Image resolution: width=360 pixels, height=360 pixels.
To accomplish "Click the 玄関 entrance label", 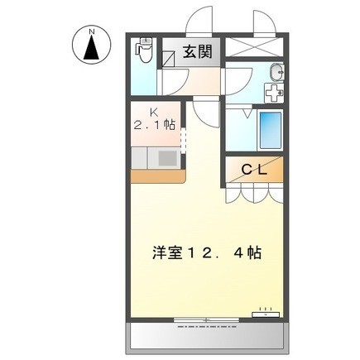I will point(198,51).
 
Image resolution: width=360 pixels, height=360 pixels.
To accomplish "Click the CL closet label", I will point(252,169).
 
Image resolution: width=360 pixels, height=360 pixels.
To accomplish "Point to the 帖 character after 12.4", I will point(253,253).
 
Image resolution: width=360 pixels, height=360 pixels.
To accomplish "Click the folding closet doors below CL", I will point(252,193).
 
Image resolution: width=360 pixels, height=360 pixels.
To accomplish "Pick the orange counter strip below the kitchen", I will point(157,175).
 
